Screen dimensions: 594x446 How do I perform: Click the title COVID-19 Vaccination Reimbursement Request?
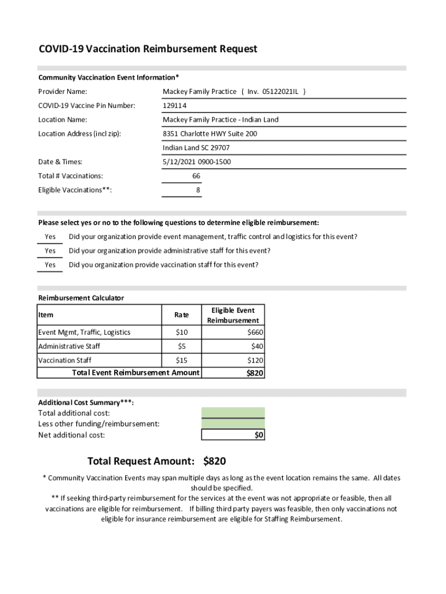[148, 49]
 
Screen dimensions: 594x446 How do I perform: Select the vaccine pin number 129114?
[174, 106]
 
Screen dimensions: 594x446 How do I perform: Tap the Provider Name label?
[63, 92]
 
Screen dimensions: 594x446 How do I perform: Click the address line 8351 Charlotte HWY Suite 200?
[210, 134]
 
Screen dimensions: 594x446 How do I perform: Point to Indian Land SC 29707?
[196, 148]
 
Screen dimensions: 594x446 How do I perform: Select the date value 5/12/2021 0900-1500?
[196, 162]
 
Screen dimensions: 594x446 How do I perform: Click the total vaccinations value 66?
[196, 176]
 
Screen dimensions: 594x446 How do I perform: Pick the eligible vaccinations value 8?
[198, 190]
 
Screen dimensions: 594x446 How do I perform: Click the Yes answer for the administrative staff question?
[50, 251]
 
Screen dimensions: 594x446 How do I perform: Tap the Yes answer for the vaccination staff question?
[50, 265]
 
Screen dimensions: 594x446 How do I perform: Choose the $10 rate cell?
[181, 332]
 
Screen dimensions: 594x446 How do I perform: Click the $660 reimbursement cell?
[255, 332]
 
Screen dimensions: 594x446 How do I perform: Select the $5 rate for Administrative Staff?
[181, 346]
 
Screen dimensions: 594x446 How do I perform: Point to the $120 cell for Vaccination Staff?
[255, 360]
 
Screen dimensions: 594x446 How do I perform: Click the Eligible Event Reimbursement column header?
[233, 315]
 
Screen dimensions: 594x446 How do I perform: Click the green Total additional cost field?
[233, 413]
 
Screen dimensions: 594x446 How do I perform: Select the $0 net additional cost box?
[233, 435]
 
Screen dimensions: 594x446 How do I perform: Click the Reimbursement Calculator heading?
[81, 298]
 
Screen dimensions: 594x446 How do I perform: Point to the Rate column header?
[181, 315]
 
